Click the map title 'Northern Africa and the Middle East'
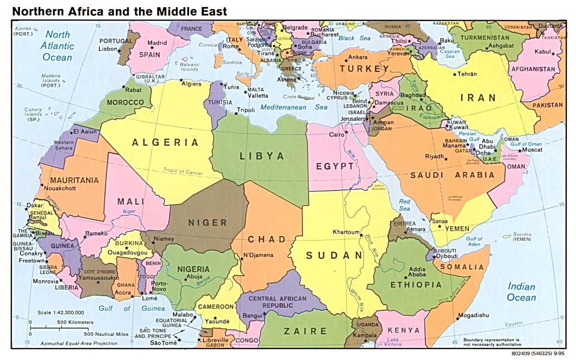pos(119,11)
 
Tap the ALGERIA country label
pos(165,143)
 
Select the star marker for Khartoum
pos(361,235)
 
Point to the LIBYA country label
pos(262,156)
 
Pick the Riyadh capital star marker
pos(446,159)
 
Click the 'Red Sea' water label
pos(404,205)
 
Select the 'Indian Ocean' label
pos(521,292)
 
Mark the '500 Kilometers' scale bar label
pos(75,322)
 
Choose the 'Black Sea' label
pos(354,39)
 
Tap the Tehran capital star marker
pos(454,74)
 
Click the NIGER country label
pos(207,223)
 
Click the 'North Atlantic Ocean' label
pos(57,46)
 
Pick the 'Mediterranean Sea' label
pos(294,108)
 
